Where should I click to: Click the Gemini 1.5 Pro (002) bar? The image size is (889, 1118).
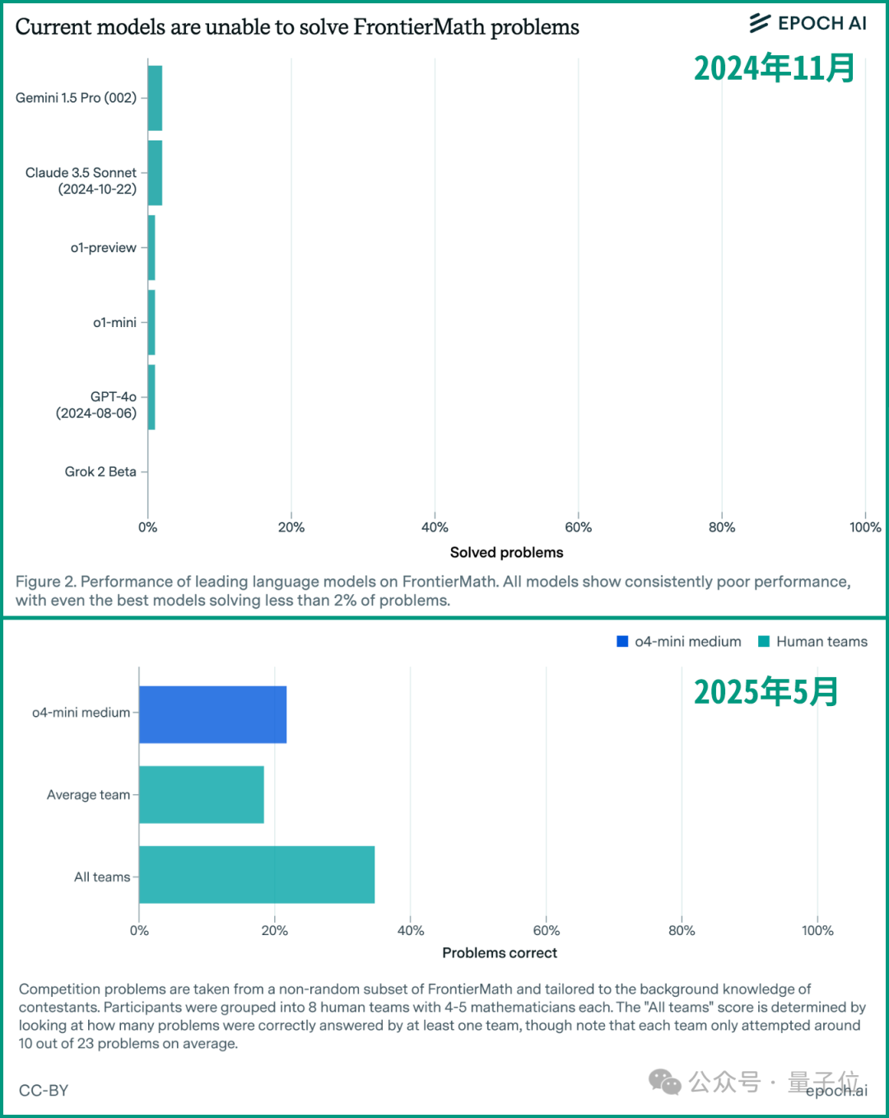[156, 98]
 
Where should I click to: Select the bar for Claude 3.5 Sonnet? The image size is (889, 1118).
[156, 173]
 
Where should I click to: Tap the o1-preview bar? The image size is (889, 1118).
[151, 248]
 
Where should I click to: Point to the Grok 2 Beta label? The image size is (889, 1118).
[100, 472]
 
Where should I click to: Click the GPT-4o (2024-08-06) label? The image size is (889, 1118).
[96, 405]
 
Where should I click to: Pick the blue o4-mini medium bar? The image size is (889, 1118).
[212, 714]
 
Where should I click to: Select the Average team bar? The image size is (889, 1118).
[202, 794]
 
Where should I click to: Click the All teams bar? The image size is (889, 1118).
[257, 874]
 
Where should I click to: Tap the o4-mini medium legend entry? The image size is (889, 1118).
[679, 642]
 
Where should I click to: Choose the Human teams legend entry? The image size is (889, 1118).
[812, 642]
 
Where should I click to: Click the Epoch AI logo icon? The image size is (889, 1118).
[760, 23]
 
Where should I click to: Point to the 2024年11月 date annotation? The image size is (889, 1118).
[774, 68]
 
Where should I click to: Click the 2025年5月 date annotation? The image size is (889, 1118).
[766, 692]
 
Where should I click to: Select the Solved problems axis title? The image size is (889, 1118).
[506, 552]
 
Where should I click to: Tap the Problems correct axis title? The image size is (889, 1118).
[500, 952]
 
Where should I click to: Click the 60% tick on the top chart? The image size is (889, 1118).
[578, 527]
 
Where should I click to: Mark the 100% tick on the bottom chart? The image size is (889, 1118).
[817, 930]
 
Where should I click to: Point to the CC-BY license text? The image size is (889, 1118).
[44, 1091]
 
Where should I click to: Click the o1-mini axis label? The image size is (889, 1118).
[114, 323]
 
